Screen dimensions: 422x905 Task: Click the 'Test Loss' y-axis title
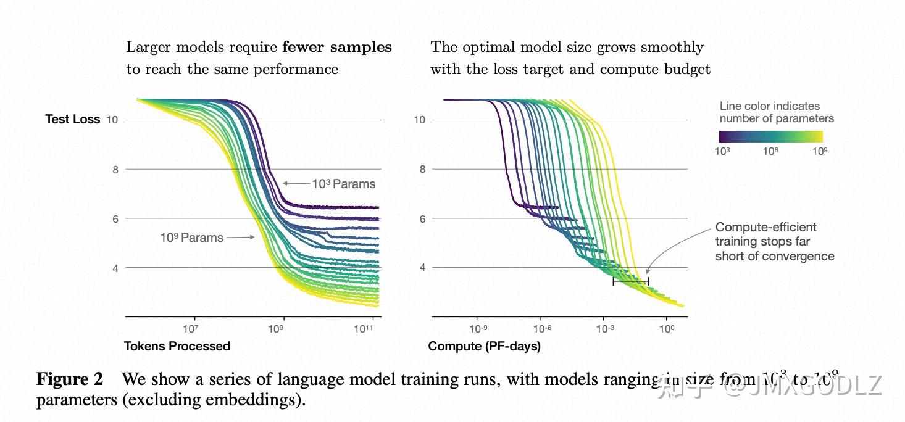pos(72,120)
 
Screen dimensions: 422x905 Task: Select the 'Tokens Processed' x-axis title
pos(177,346)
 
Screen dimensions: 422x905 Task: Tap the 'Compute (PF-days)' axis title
pos(484,346)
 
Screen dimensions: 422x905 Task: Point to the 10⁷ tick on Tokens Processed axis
pos(190,329)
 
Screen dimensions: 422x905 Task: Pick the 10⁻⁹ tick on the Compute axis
pos(478,329)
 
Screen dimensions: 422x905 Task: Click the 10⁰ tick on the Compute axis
pos(666,329)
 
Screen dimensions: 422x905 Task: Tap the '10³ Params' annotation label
pos(343,184)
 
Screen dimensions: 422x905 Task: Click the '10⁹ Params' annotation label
pos(191,238)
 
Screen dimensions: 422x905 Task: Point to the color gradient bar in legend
pos(770,136)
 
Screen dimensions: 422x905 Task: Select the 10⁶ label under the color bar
pos(770,151)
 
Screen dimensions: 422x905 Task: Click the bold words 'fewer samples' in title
pos(337,48)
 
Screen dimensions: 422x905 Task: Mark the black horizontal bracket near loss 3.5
pos(630,281)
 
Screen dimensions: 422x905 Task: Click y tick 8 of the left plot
pos(115,169)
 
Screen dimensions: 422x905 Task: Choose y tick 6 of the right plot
pos(422,218)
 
